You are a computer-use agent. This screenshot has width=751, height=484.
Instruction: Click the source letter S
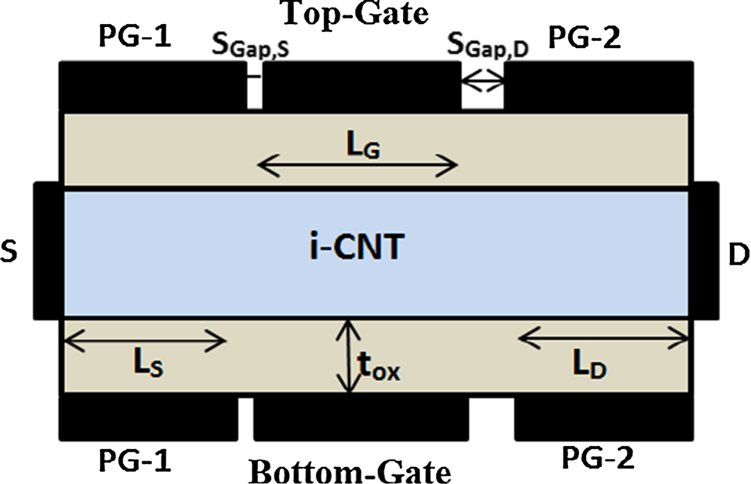click(10, 253)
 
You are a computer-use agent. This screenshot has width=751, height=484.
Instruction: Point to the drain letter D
click(739, 253)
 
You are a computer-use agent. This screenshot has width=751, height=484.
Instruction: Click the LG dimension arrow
click(357, 164)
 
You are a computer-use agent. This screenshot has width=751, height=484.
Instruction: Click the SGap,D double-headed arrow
click(482, 81)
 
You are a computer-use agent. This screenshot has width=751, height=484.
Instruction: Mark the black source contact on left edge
click(47, 250)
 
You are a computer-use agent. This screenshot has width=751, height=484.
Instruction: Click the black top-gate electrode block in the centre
click(361, 87)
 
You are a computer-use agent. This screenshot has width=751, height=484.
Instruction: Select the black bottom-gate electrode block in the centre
click(361, 417)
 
